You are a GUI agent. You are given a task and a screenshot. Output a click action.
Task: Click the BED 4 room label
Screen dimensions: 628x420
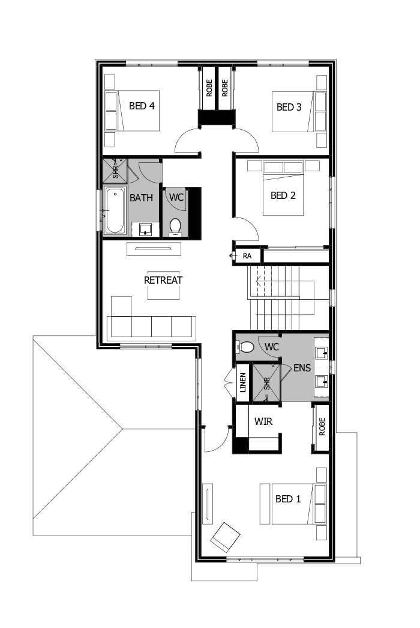point(142,106)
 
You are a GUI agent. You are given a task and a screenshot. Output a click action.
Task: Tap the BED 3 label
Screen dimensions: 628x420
point(289,108)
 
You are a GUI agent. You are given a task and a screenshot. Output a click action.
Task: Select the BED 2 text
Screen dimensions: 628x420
point(283,195)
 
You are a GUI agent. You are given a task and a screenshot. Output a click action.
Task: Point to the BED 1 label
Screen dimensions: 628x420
point(288,499)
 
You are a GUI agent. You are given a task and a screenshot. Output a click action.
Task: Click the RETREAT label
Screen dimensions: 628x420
point(163,280)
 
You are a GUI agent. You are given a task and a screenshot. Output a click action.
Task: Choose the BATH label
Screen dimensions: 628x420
point(142,197)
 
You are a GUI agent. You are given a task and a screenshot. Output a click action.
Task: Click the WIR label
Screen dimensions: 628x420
point(263,421)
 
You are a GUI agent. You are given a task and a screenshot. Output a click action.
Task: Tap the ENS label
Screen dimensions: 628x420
point(302,368)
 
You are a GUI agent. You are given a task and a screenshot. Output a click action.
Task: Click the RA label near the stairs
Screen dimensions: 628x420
point(247,256)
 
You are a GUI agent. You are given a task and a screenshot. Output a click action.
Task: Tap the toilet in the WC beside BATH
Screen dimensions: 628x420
point(175,226)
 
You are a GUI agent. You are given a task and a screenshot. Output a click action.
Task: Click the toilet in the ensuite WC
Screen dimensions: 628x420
point(246,347)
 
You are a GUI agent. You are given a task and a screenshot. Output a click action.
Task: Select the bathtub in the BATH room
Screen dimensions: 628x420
point(114,210)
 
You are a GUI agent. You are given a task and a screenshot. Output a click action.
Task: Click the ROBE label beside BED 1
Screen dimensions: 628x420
point(322,427)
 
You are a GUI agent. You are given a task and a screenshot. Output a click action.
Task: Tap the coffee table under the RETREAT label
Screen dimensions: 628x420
point(164,285)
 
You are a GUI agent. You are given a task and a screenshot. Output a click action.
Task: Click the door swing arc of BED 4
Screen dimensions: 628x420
point(187,140)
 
